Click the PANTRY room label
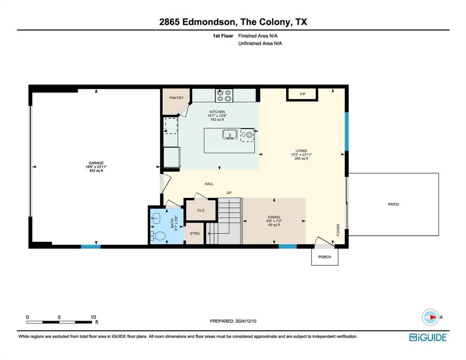click(x=176, y=98)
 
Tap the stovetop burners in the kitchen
click(x=224, y=96)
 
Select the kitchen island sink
click(x=229, y=135)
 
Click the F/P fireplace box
click(x=302, y=94)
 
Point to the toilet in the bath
click(x=158, y=236)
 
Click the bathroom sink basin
click(x=156, y=218)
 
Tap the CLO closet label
click(x=201, y=210)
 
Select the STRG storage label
click(x=195, y=233)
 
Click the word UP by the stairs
click(x=229, y=193)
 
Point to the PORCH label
click(x=324, y=257)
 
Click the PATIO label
click(x=393, y=204)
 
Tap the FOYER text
click(x=338, y=230)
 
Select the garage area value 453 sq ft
click(x=96, y=171)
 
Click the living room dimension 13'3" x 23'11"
click(x=301, y=155)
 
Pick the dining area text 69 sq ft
click(x=274, y=225)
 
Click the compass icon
click(x=430, y=317)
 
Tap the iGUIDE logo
click(x=428, y=337)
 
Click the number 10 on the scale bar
click(x=93, y=317)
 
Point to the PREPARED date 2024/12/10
click(x=246, y=321)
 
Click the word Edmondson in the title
click(x=208, y=22)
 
